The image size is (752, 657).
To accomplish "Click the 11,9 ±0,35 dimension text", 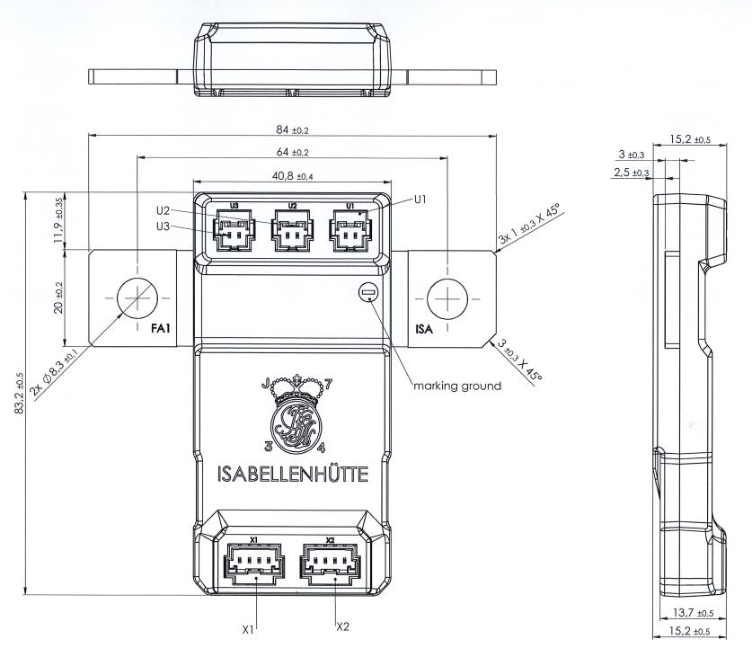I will point(58,220).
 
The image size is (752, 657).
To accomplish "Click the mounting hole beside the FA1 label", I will point(136,296).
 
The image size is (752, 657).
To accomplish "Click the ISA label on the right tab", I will point(423,330).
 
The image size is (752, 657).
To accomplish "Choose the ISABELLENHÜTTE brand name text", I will point(293,473).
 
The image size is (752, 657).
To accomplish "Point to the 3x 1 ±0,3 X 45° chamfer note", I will point(530,226).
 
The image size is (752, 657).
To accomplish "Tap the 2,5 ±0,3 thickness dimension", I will point(631,172).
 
